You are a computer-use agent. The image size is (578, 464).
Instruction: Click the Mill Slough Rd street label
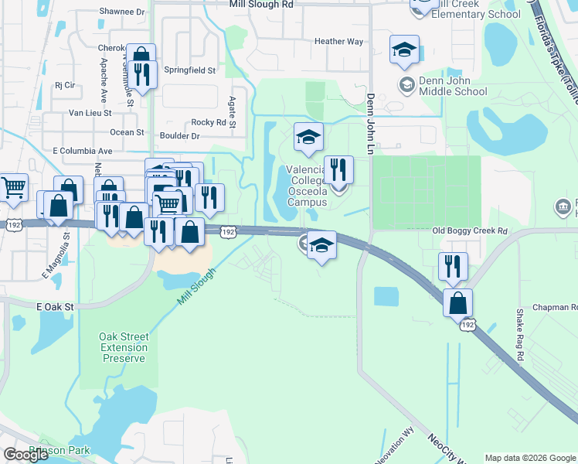tap(261, 4)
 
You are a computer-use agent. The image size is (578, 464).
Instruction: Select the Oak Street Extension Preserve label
tap(123, 347)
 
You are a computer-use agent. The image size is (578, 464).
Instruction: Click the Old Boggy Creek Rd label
tap(470, 231)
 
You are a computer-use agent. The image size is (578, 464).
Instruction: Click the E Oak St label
tap(54, 307)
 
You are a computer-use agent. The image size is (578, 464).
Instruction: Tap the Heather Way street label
tap(338, 42)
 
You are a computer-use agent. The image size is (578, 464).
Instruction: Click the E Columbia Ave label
tap(82, 151)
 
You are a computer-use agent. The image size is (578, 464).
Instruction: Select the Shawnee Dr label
tap(122, 12)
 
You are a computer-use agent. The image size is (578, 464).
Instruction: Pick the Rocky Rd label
tap(209, 122)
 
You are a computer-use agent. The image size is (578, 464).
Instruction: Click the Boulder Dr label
tap(179, 136)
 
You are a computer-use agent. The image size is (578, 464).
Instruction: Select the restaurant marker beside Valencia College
tap(338, 169)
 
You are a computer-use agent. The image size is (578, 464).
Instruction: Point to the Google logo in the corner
tap(26, 455)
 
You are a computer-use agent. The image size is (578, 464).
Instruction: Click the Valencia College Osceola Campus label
tap(308, 186)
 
